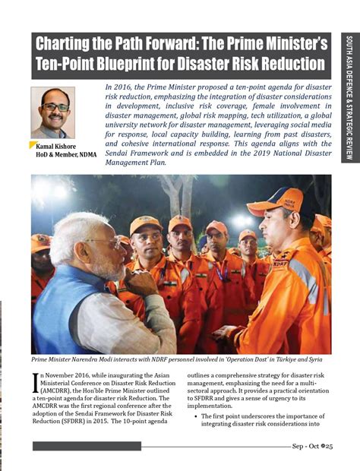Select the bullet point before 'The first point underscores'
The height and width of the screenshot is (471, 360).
point(196,416)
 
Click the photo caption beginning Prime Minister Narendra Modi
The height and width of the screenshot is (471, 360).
point(175,360)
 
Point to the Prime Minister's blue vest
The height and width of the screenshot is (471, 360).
point(57,311)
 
